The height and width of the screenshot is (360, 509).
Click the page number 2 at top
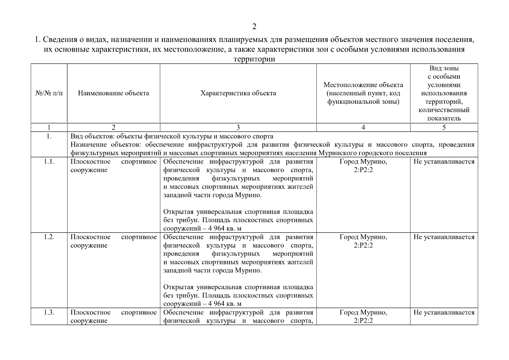[254, 27]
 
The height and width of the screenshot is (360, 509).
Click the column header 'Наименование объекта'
[113, 93]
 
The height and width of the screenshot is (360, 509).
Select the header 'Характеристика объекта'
[238, 93]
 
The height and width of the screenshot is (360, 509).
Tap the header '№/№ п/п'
[49, 93]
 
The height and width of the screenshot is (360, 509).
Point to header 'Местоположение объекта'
[363, 85]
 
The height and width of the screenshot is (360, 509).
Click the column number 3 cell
[238, 127]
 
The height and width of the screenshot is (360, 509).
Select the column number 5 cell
[444, 127]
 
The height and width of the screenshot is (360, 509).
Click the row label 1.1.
[49, 162]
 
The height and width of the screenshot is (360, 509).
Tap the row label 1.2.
[49, 237]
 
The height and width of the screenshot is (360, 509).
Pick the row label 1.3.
[49, 312]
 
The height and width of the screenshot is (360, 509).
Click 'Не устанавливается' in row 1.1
[444, 162]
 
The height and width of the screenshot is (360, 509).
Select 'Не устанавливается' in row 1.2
[444, 237]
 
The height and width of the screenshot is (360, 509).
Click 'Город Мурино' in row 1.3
[363, 312]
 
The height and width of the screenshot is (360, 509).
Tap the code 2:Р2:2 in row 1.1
[363, 170]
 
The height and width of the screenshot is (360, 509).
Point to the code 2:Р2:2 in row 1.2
[363, 245]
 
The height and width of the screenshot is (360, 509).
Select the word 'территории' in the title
[254, 59]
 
